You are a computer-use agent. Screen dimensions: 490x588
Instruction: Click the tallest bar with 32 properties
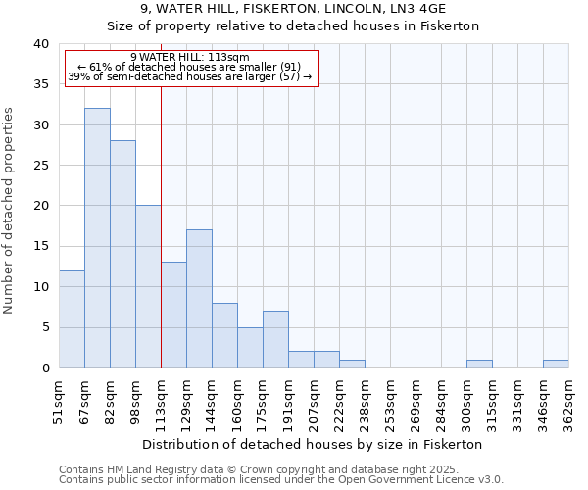[x=97, y=238]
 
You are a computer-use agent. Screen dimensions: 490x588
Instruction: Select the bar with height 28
[x=122, y=254]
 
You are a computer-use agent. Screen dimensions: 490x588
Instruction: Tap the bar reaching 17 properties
[x=199, y=299]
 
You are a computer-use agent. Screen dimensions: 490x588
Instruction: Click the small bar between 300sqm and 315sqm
[x=479, y=364]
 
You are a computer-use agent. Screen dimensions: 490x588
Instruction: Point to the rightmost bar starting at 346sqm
[x=556, y=364]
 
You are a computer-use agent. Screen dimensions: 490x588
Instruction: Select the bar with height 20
[x=148, y=286]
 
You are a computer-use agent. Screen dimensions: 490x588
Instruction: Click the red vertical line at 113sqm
[x=161, y=225]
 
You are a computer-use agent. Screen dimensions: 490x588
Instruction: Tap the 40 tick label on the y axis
[x=40, y=44]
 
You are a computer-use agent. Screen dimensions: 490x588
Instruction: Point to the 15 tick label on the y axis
[x=40, y=246]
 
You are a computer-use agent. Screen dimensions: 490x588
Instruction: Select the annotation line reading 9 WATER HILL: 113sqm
[x=190, y=57]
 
